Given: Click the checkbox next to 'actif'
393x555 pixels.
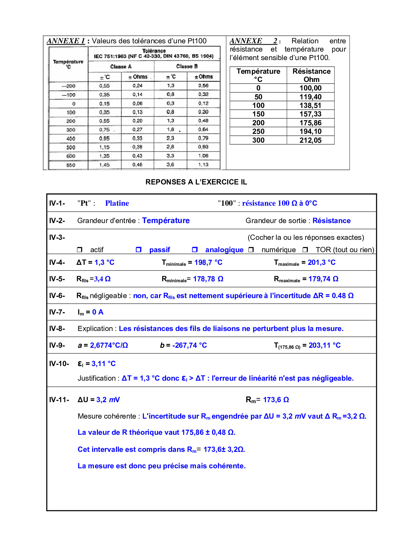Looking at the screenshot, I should coord(80,250).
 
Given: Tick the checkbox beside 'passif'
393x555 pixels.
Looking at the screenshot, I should coord(139,250).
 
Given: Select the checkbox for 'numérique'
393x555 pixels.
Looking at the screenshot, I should coord(251,250).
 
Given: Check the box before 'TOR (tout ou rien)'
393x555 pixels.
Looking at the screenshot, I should coord(305,250).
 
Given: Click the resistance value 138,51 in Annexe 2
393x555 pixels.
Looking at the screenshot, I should coord(310,105).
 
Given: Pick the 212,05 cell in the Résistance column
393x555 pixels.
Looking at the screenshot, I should coord(310,140).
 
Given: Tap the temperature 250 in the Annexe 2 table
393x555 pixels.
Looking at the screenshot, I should coord(258,131).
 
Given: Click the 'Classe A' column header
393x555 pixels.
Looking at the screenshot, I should coord(121,66).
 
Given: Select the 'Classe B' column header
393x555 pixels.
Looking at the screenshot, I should coord(187,66).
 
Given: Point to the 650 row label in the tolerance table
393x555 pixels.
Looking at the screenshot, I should coord(71,165).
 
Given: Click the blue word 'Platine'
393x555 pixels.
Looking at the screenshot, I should coord(117,203).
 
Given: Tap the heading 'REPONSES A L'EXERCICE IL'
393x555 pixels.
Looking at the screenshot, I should coord(196,182).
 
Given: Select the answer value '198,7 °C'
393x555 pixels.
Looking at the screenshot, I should coord(208,262).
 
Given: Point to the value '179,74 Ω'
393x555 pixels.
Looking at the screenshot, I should coord(323,279).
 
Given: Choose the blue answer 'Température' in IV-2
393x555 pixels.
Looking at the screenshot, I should coord(166,221).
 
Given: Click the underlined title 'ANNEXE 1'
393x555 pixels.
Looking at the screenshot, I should coord(66,41).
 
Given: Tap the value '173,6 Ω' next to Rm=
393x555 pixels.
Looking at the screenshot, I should coord(276,400).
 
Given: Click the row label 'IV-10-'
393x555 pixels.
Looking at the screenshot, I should coord(59,364).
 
